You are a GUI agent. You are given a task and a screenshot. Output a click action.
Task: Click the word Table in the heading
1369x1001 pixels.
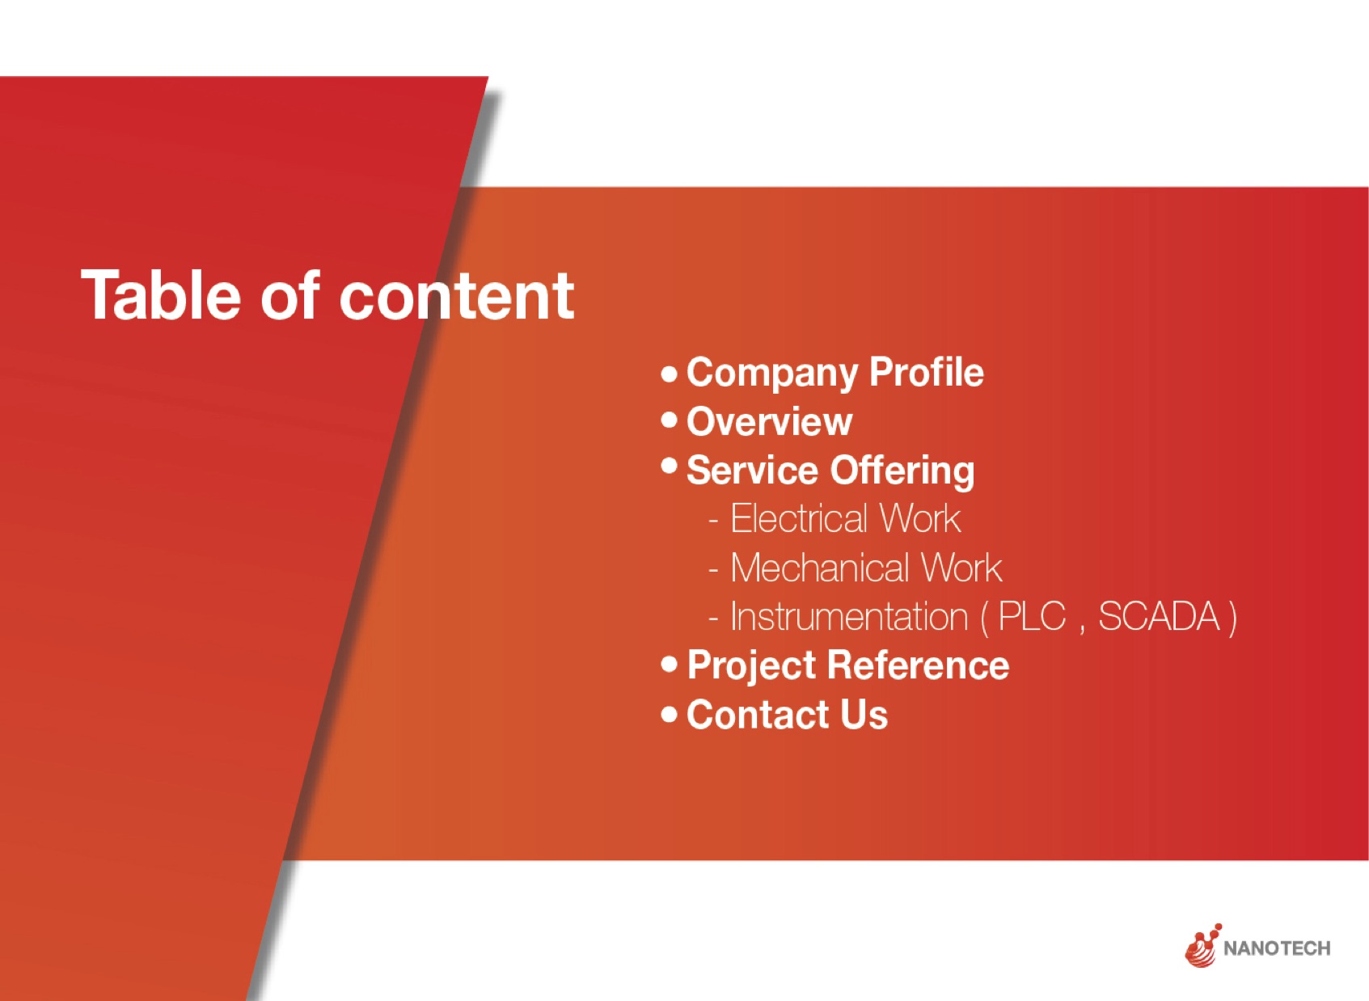point(160,295)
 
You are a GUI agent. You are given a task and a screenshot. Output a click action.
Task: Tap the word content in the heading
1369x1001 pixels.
point(457,297)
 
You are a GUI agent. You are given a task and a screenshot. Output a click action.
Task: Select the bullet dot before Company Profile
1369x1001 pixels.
point(670,374)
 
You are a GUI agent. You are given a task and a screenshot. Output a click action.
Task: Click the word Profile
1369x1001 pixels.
point(927,372)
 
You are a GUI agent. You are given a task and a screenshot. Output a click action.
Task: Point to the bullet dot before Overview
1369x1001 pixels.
point(670,420)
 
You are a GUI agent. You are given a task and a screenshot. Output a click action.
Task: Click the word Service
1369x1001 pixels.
point(752,470)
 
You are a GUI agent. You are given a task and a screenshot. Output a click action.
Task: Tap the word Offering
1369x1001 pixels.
point(902,471)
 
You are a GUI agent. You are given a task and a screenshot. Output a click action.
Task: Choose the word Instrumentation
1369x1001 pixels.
point(850,616)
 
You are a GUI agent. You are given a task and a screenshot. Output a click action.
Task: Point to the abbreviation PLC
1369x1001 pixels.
point(1032,616)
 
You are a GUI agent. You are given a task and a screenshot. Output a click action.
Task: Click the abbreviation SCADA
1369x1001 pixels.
point(1159,616)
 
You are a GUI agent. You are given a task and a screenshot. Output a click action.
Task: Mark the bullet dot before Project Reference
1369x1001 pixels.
point(670,663)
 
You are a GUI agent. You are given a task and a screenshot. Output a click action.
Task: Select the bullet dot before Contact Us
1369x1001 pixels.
point(670,713)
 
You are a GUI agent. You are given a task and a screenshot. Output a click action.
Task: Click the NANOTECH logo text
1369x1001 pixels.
point(1277,948)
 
